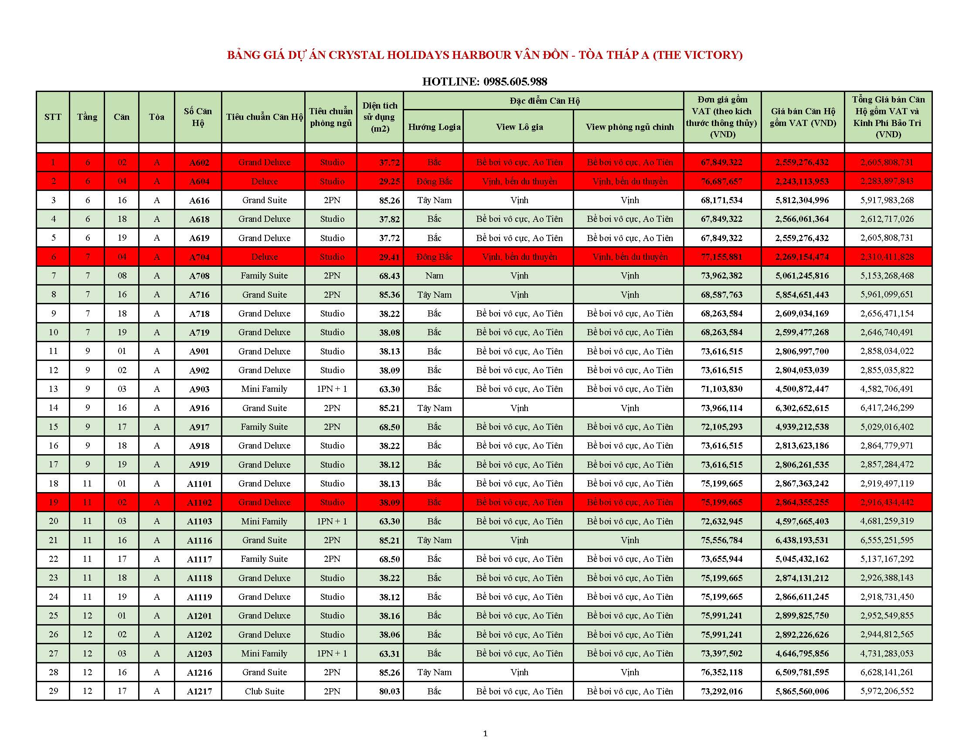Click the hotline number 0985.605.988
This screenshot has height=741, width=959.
(x=515, y=82)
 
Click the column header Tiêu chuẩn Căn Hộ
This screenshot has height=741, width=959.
(x=264, y=117)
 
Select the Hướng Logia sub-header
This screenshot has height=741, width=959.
(x=434, y=127)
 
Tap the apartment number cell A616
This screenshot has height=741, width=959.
(x=199, y=201)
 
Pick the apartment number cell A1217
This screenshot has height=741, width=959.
(x=199, y=691)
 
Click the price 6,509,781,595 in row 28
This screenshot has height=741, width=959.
(x=802, y=673)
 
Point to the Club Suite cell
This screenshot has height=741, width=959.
(x=264, y=691)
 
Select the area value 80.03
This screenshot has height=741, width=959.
(x=389, y=691)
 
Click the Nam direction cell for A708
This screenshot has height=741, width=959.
(x=434, y=275)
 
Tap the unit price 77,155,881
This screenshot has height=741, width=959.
(x=721, y=257)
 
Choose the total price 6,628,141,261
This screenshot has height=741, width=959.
(x=887, y=673)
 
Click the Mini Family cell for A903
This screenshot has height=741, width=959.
(x=264, y=389)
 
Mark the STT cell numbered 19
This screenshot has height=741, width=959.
(x=53, y=502)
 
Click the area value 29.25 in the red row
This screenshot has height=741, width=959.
(x=389, y=181)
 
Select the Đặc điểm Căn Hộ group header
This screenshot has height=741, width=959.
(x=544, y=101)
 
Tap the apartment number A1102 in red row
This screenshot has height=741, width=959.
(x=199, y=503)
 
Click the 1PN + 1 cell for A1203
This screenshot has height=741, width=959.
(x=332, y=654)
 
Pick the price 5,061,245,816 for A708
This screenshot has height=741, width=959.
(x=802, y=275)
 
